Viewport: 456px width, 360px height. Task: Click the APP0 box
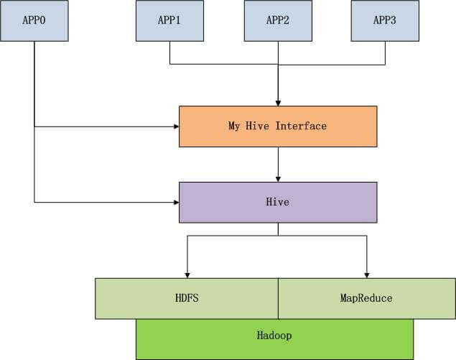click(x=34, y=21)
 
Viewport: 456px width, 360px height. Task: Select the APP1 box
click(x=170, y=21)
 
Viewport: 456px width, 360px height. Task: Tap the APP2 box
click(x=278, y=21)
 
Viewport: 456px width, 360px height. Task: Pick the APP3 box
click(x=385, y=21)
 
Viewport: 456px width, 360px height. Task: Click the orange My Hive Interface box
click(x=278, y=126)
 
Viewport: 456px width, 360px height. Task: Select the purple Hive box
click(x=278, y=203)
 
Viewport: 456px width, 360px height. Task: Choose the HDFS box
click(x=187, y=299)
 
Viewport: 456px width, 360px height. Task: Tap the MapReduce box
click(x=367, y=299)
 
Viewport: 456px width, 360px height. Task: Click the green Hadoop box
click(x=274, y=339)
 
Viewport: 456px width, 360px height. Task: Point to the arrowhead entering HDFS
click(x=187, y=275)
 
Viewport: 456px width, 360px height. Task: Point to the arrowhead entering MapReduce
click(x=367, y=275)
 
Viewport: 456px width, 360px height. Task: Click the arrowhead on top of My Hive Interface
click(x=278, y=103)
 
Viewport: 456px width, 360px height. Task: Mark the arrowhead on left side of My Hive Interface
click(x=176, y=126)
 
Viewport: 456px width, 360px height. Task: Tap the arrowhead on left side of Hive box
click(x=176, y=202)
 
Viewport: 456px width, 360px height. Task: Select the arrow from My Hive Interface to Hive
click(x=278, y=165)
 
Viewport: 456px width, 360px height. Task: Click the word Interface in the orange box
click(x=301, y=126)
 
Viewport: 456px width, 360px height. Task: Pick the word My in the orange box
click(x=234, y=126)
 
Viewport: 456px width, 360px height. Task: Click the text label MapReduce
click(x=366, y=298)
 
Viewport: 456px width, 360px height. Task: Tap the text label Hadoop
click(x=274, y=336)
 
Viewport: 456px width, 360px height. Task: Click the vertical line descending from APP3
click(x=386, y=53)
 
